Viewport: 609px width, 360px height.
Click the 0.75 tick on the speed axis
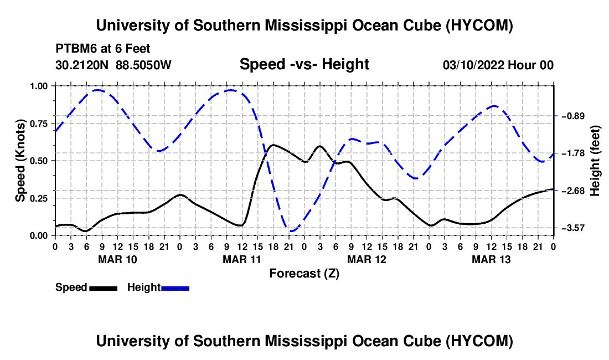pyautogui.click(x=54, y=124)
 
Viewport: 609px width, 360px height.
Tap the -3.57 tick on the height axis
pyautogui.click(x=556, y=228)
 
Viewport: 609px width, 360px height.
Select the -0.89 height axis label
pyautogui.click(x=573, y=116)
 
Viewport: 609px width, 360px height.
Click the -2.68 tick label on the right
pyautogui.click(x=573, y=191)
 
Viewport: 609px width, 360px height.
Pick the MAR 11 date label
pyautogui.click(x=241, y=259)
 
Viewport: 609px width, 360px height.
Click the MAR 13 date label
pyautogui.click(x=491, y=259)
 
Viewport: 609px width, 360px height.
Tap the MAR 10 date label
pyautogui.click(x=117, y=259)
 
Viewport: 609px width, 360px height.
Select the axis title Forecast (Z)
pyautogui.click(x=304, y=274)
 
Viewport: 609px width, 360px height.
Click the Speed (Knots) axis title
pyautogui.click(x=20, y=161)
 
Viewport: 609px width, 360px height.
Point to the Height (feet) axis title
pyautogui.click(x=595, y=161)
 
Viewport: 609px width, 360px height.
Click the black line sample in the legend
pyautogui.click(x=104, y=288)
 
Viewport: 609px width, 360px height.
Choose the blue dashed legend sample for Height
pyautogui.click(x=175, y=288)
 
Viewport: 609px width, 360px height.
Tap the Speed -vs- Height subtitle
pyautogui.click(x=304, y=64)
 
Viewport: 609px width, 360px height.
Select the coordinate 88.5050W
pyautogui.click(x=143, y=65)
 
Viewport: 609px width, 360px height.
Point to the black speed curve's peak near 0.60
pyautogui.click(x=273, y=145)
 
